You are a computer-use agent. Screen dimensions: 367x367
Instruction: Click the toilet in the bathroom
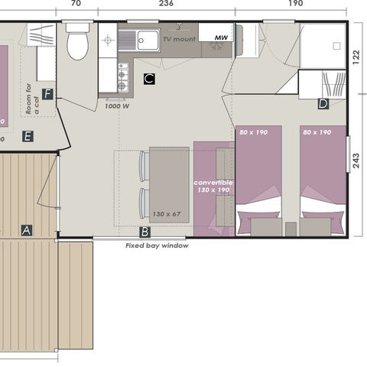77,43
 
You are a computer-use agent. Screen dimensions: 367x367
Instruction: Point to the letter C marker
149,78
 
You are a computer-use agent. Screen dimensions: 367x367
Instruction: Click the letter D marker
323,103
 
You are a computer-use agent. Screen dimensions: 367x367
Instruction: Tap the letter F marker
47,95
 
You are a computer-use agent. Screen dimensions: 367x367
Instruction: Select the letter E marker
28,136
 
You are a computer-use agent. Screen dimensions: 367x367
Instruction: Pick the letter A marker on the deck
27,229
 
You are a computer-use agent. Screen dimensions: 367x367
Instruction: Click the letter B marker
145,231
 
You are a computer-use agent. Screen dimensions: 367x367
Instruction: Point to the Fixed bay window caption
157,246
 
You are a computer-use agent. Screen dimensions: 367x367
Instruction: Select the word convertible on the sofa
213,183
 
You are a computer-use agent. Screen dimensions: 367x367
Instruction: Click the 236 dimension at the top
165,4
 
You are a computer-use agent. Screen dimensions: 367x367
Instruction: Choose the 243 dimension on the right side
357,162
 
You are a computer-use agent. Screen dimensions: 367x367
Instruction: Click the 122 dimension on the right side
357,59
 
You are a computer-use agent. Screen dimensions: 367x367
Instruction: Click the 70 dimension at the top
76,4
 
